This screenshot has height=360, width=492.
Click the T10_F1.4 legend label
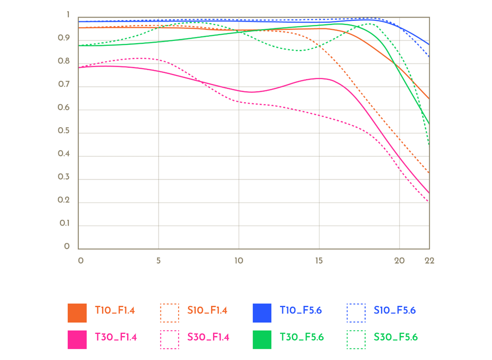pos(115,310)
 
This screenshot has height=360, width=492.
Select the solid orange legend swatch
pos(77,313)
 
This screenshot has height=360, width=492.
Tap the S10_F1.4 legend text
pos(207,310)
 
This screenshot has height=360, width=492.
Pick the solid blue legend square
pos(262,313)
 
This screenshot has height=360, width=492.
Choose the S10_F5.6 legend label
pos(395,310)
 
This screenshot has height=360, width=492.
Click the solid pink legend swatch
pos(77,339)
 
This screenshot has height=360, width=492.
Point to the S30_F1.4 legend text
pos(208,337)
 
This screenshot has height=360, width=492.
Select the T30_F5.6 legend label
pos(302,337)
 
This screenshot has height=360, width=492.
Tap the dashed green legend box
pos(356,339)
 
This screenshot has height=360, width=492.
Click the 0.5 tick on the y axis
pos(64,131)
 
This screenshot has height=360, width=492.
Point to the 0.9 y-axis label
pos(64,38)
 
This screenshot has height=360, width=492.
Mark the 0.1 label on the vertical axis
pos(64,223)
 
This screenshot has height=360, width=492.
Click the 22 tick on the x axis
pos(429,261)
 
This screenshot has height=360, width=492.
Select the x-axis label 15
pos(319,261)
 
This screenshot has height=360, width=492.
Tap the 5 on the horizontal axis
pos(158,261)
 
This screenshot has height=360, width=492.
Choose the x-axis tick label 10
pos(239,261)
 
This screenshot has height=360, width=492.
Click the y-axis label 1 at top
pos(68,14)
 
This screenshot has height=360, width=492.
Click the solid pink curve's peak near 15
pos(319,78)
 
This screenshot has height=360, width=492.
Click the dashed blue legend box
pos(356,313)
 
